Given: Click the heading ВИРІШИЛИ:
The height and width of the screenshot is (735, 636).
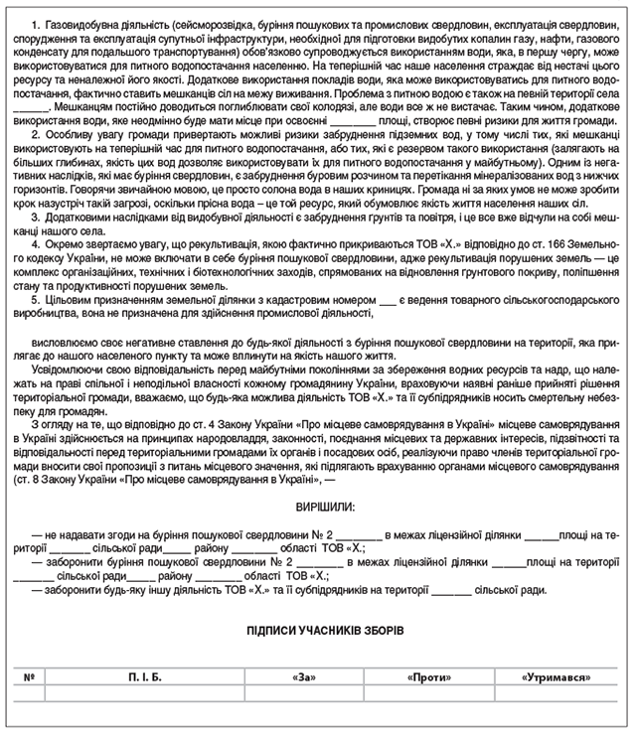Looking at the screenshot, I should pyautogui.click(x=317, y=507).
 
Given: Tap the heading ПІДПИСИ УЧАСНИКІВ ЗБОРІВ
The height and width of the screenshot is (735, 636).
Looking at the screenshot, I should pyautogui.click(x=318, y=630).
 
